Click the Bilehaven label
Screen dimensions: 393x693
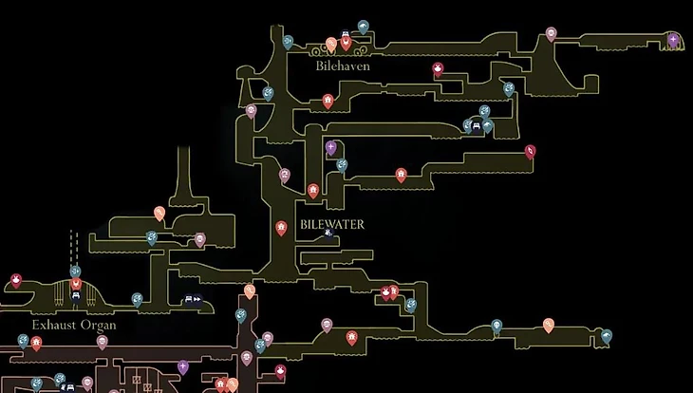pos(342,67)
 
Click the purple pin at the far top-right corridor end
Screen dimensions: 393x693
pos(673,40)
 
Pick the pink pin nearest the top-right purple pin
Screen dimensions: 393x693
pos(551,34)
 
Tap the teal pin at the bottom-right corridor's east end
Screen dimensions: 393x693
pos(606,335)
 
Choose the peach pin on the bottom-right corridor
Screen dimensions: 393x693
pos(548,325)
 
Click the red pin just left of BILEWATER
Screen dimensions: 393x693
pos(281,227)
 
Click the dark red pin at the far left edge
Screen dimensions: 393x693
pos(16,280)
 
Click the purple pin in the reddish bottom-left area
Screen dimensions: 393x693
pos(183,366)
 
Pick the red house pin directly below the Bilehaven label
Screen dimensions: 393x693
pos(328,100)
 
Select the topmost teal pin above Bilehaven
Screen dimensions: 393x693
pos(363,27)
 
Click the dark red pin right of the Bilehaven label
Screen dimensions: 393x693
pos(438,68)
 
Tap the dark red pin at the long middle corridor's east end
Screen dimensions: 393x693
pos(530,150)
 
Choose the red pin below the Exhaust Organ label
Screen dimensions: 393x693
pos(36,343)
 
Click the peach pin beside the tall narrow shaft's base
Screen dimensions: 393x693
pos(159,214)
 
